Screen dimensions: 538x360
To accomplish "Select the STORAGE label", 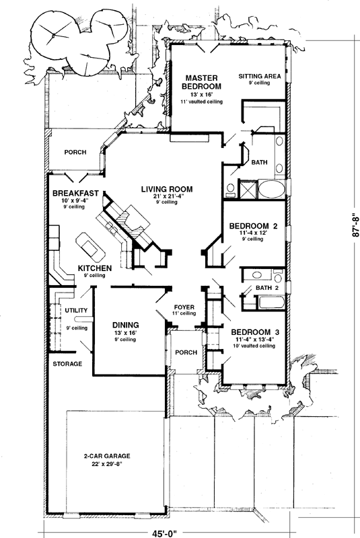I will point(67,364).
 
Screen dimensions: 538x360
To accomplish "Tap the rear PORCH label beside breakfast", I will point(75,152).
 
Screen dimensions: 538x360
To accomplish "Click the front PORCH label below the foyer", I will point(185,352).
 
